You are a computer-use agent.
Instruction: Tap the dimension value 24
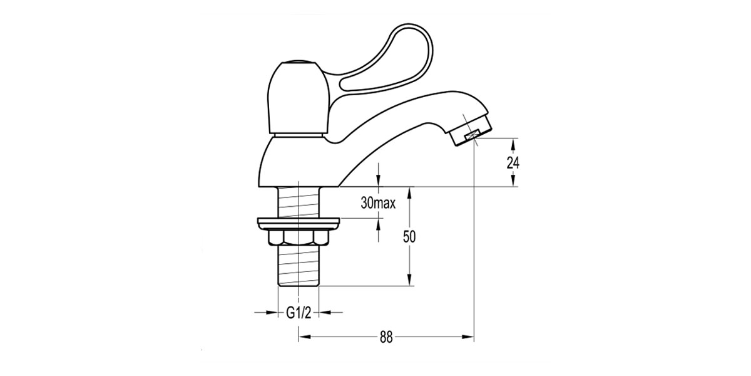pyautogui.click(x=513, y=162)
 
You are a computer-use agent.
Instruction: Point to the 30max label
pyautogui.click(x=378, y=202)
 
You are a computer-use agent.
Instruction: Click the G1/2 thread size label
pyautogui.click(x=299, y=312)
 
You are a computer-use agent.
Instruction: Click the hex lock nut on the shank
pyautogui.click(x=297, y=238)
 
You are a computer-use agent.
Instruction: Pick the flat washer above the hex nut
pyautogui.click(x=297, y=223)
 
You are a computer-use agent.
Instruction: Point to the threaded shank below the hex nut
pyautogui.click(x=297, y=266)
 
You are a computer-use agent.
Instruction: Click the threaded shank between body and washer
pyautogui.click(x=297, y=201)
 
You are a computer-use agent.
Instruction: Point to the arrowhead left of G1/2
pyautogui.click(x=272, y=312)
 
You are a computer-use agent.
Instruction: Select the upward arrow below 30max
pyautogui.click(x=378, y=224)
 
